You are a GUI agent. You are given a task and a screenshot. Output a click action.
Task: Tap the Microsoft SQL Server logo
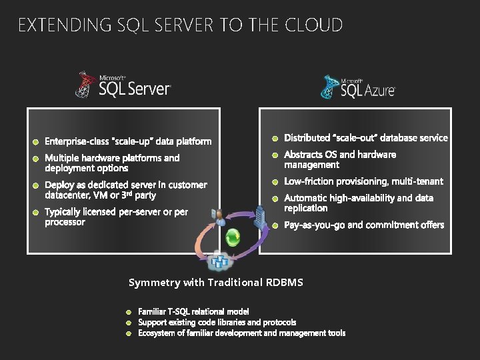pyautogui.click(x=123, y=85)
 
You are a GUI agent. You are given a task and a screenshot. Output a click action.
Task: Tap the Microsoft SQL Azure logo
pyautogui.click(x=358, y=87)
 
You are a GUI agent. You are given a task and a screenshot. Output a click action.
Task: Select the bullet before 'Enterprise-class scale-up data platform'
pyautogui.click(x=36, y=141)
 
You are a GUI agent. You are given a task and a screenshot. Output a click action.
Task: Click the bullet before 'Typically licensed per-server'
pyautogui.click(x=36, y=213)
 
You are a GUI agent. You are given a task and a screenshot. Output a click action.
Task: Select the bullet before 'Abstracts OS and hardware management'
pyautogui.click(x=275, y=155)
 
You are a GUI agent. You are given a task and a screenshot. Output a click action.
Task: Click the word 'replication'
pyautogui.click(x=306, y=208)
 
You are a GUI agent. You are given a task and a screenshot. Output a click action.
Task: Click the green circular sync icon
pyautogui.click(x=233, y=237)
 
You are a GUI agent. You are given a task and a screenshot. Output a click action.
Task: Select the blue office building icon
pyautogui.click(x=261, y=215)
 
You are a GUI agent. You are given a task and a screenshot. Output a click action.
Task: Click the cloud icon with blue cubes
pyautogui.click(x=218, y=261)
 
